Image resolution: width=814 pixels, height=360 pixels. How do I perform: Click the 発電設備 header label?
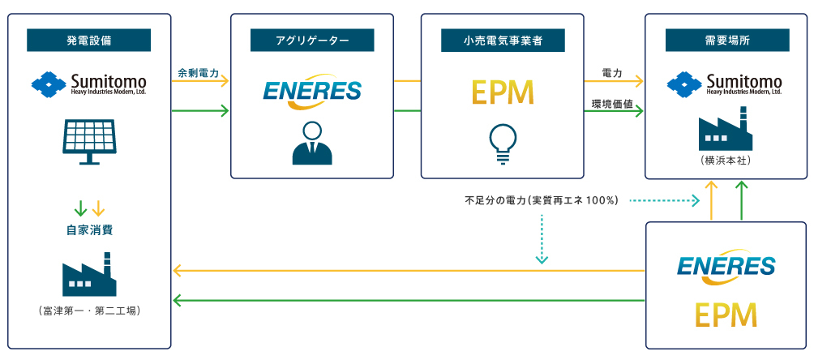point(89,40)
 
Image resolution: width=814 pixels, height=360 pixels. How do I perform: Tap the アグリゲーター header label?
point(312,40)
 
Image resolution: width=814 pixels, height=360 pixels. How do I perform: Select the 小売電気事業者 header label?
point(503,40)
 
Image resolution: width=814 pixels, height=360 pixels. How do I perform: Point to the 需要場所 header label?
point(726,40)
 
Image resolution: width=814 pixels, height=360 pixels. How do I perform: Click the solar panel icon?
point(89,139)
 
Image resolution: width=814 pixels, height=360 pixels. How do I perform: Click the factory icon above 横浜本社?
point(726,132)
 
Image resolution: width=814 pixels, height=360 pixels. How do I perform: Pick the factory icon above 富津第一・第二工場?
point(89,276)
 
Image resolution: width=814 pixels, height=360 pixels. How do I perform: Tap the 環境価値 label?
point(612,104)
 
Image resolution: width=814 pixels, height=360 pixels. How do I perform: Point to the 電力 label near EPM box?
point(612,73)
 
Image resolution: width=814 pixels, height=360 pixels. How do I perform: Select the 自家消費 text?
point(89,230)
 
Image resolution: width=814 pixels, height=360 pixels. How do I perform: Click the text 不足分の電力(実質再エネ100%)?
point(541,199)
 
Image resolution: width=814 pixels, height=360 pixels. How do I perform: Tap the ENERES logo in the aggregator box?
point(312,91)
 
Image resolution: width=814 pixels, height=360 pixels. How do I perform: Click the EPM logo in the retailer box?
point(503,92)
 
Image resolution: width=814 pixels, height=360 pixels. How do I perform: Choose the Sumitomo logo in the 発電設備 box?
point(89,84)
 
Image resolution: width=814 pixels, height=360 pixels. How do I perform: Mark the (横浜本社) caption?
point(726,161)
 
